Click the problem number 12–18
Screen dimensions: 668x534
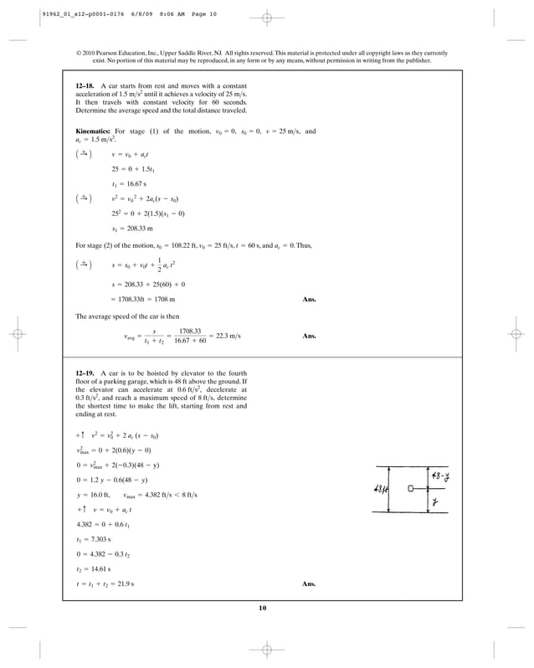click(x=85, y=86)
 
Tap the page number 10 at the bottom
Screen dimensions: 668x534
click(x=266, y=608)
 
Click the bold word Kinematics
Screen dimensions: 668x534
click(x=93, y=131)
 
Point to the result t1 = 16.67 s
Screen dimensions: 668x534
click(x=128, y=183)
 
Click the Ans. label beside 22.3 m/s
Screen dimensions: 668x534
click(x=308, y=336)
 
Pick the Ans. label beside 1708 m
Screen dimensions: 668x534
click(x=308, y=299)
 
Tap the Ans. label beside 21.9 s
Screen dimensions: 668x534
click(x=308, y=583)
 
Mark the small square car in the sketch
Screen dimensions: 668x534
click(x=410, y=488)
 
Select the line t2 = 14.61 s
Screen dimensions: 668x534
click(x=94, y=569)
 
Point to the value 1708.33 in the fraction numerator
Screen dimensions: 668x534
click(x=194, y=331)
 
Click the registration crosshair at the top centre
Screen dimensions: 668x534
click(x=266, y=17)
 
